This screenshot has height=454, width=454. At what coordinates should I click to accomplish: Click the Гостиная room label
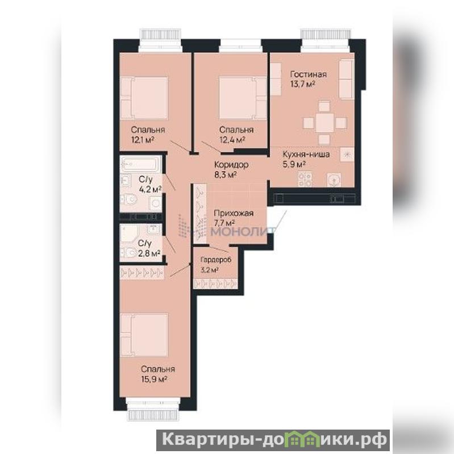coord(309,74)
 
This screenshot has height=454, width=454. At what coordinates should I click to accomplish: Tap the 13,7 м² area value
coord(302,85)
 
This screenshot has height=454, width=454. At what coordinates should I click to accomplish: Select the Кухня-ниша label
coord(306,155)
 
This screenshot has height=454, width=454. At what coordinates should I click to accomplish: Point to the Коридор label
coord(231,165)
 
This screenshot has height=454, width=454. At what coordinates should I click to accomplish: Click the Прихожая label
coord(234,213)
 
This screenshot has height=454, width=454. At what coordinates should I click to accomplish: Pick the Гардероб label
coord(216,260)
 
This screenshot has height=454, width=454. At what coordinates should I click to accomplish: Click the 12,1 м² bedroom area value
coord(143,140)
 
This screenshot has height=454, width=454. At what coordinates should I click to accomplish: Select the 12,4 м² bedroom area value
coord(232,140)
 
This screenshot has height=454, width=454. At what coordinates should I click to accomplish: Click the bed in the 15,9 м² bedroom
coord(144,335)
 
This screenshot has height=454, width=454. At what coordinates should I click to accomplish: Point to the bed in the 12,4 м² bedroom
coord(243,98)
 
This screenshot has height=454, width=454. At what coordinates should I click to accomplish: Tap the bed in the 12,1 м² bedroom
coord(144,98)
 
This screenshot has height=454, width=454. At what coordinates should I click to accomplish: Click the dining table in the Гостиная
coord(324,123)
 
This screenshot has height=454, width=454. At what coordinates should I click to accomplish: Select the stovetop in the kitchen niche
coord(305,180)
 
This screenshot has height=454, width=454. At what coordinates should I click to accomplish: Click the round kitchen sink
coord(335,180)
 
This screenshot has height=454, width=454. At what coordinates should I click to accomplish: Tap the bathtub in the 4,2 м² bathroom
coord(140,164)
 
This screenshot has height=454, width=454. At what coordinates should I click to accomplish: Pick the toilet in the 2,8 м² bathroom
coord(128,253)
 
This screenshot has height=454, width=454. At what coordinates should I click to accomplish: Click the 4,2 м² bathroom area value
coord(150,190)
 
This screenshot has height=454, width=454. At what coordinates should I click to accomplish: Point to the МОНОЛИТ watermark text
coord(243,231)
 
